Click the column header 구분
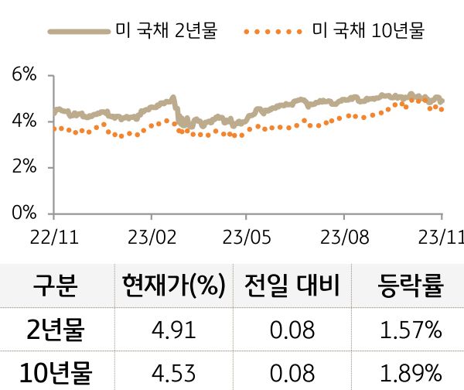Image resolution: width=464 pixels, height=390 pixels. tap(55, 286)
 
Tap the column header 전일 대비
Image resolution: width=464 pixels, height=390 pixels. tap(292, 286)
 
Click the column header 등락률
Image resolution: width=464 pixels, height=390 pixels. tap(411, 286)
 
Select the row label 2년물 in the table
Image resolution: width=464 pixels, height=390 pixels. tap(55, 331)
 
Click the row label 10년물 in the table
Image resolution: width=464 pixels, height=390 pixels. tap(55, 373)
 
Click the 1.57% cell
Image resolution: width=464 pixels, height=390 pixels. tap(411, 331)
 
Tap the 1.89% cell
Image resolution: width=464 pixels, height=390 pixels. tap(411, 373)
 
